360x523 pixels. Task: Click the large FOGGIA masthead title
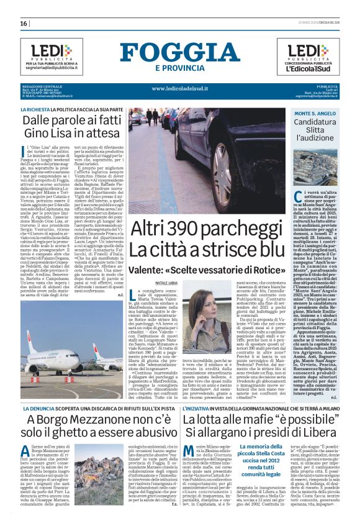pyautogui.click(x=180, y=52)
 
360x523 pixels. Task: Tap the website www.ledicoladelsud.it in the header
pyautogui.click(x=180, y=88)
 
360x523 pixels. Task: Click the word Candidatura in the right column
pyautogui.click(x=333, y=124)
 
